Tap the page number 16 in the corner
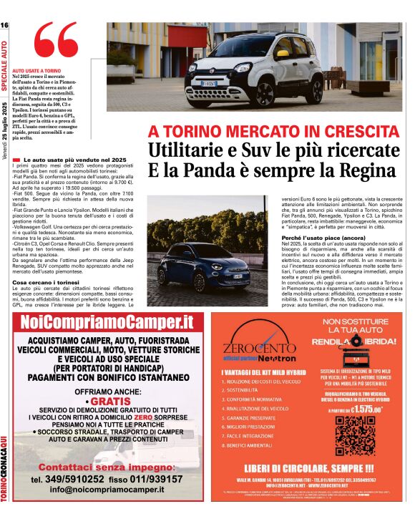click(x=5, y=25)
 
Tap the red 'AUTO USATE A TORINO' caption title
click(x=36, y=71)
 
